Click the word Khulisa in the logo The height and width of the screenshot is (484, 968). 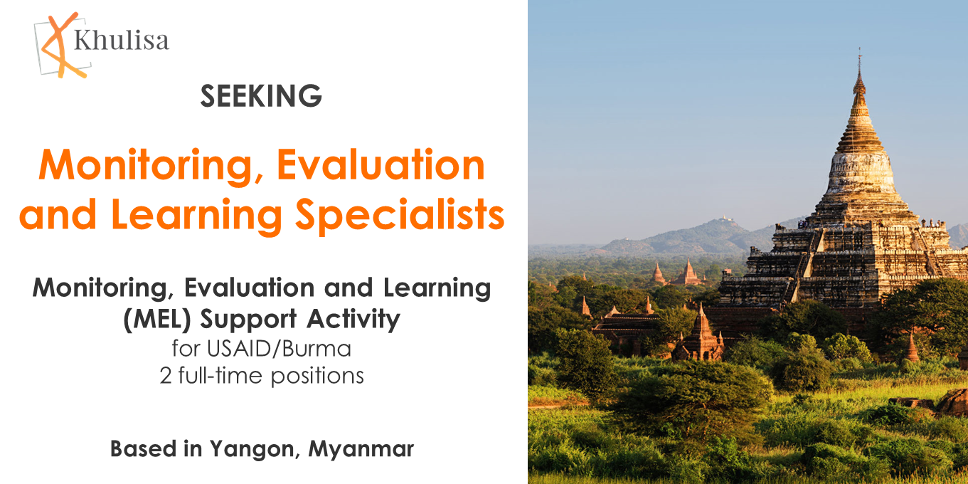122,41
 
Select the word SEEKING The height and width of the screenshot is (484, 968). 261,95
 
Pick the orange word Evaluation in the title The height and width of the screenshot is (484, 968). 381,165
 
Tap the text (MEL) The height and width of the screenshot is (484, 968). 157,320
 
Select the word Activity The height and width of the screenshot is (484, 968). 353,320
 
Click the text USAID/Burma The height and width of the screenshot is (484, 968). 280,349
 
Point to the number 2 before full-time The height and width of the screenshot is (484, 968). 166,376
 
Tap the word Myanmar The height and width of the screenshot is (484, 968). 361,448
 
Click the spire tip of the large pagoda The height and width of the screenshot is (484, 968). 859,48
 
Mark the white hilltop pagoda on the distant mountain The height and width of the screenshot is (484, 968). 725,219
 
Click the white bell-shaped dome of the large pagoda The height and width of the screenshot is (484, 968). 861,173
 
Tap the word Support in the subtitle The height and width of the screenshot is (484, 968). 248,320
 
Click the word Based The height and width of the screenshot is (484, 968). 143,448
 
